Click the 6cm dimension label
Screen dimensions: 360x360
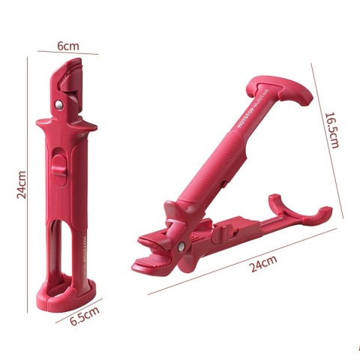[x=68, y=46]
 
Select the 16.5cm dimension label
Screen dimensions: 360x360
[x=333, y=130]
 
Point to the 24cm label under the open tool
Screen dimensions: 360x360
[x=262, y=262]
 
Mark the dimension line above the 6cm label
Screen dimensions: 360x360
[x=70, y=53]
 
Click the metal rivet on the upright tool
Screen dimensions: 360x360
[x=57, y=99]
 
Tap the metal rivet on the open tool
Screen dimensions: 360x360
[x=182, y=244]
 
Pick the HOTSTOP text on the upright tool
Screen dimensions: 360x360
[x=82, y=247]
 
